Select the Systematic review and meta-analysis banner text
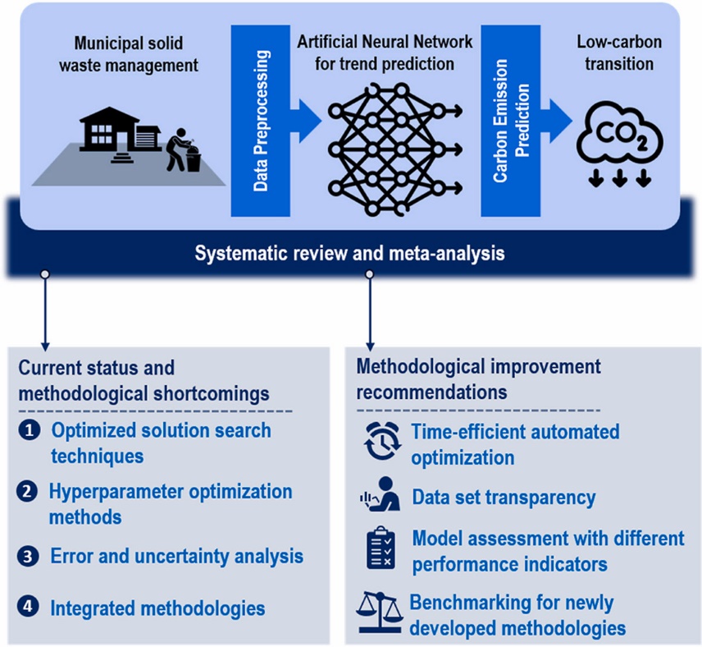click(x=349, y=253)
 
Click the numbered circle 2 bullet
click(x=28, y=493)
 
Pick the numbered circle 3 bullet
click(x=28, y=556)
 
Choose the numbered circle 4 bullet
click(x=28, y=608)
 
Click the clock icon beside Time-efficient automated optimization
click(x=381, y=443)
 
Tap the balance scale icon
click(x=379, y=614)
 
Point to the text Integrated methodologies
click(x=157, y=608)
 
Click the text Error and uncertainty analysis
click(x=176, y=556)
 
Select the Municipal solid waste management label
click(x=132, y=52)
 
